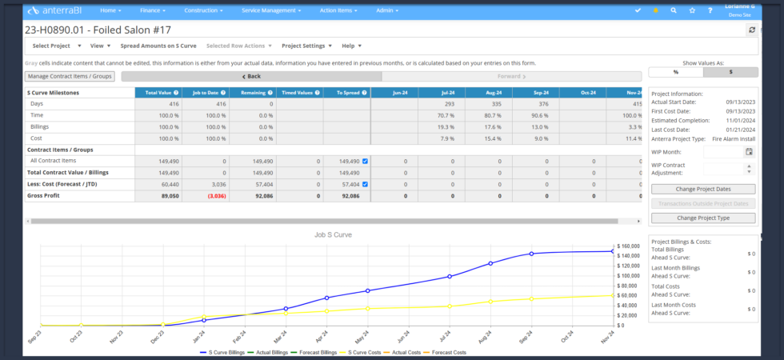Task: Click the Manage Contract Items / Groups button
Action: click(x=70, y=76)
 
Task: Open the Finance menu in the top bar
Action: click(x=153, y=10)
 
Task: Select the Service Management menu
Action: click(x=274, y=10)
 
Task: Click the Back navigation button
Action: click(x=251, y=76)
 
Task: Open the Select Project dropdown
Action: click(x=56, y=46)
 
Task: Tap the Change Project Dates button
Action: click(x=702, y=189)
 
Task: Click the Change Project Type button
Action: click(x=702, y=218)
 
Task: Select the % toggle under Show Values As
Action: click(x=675, y=72)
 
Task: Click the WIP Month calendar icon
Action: click(x=749, y=151)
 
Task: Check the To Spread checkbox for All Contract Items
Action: click(x=365, y=161)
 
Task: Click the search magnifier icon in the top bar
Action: click(x=674, y=10)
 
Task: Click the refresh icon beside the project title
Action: click(x=751, y=30)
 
